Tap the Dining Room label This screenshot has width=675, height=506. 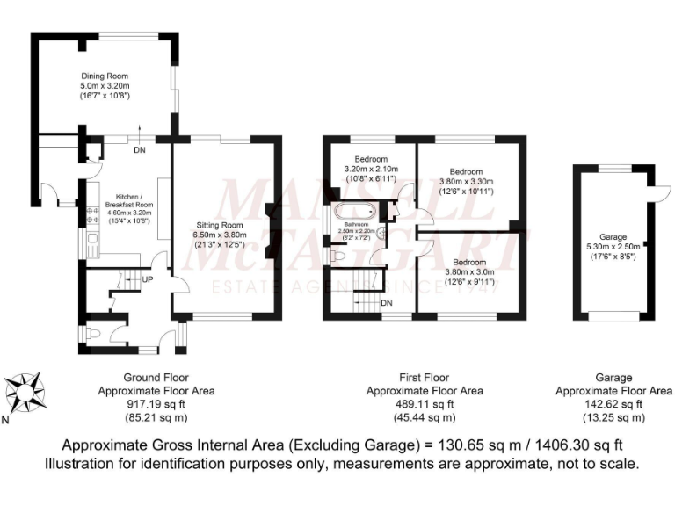(x=105, y=76)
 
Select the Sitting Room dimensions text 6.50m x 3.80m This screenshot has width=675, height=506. (x=218, y=235)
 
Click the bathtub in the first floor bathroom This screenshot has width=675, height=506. (x=354, y=212)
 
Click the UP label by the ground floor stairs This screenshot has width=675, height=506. (x=149, y=279)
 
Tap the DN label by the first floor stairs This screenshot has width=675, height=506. (x=387, y=302)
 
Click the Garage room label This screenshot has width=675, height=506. (x=613, y=236)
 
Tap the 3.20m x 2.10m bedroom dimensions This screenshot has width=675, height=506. (x=372, y=169)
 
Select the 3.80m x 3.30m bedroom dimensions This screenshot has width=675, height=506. (x=466, y=181)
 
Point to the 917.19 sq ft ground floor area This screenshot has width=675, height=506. (x=156, y=404)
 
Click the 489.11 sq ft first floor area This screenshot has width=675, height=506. (x=424, y=404)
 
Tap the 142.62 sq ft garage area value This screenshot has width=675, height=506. (x=613, y=404)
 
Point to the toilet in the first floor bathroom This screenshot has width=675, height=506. (x=338, y=256)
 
